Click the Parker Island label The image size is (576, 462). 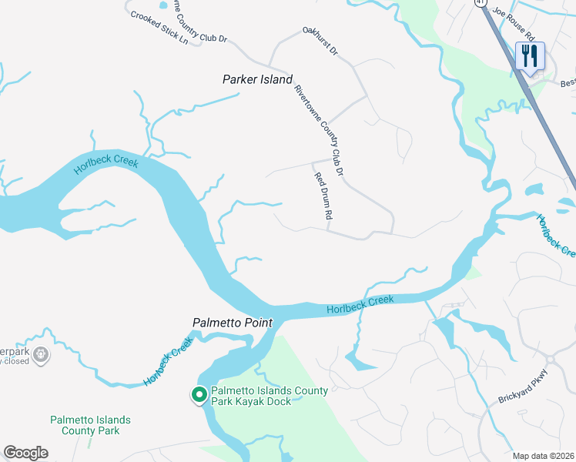pyautogui.click(x=257, y=79)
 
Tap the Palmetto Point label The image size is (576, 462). pyautogui.click(x=232, y=323)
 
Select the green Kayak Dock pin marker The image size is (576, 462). pyautogui.click(x=198, y=395)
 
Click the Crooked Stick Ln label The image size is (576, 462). pyautogui.click(x=159, y=27)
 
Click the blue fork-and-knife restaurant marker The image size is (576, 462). pyautogui.click(x=529, y=55)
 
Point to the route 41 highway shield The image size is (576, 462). pyautogui.click(x=482, y=3)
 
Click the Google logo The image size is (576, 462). pyautogui.click(x=25, y=453)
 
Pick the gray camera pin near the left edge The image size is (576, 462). pyautogui.click(x=42, y=355)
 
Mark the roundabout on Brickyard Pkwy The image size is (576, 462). pyautogui.click(x=550, y=360)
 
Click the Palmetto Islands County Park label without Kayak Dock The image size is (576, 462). pyautogui.click(x=90, y=425)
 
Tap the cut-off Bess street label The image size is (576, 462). pyautogui.click(x=568, y=82)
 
